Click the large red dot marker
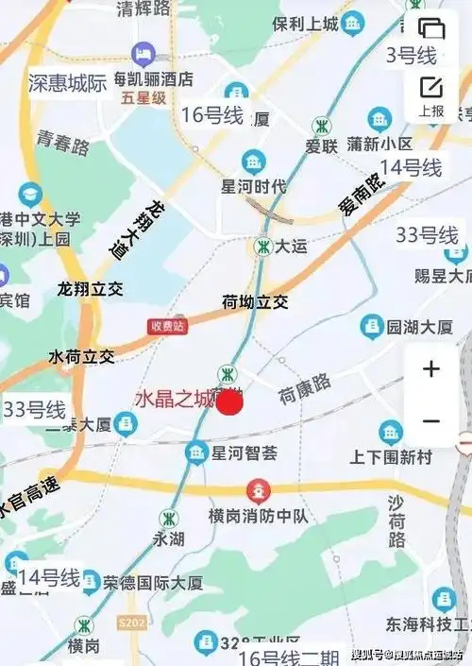[x=230, y=403]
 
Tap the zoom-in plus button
[x=431, y=368]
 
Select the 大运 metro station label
[x=292, y=247]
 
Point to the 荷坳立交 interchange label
[x=255, y=303]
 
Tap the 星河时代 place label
[x=253, y=186]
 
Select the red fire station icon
[x=257, y=491]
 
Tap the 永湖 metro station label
[x=170, y=539]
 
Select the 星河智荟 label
[x=244, y=453]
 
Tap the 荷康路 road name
[x=304, y=388]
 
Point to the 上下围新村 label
[x=391, y=456]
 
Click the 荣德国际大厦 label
[x=153, y=582]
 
